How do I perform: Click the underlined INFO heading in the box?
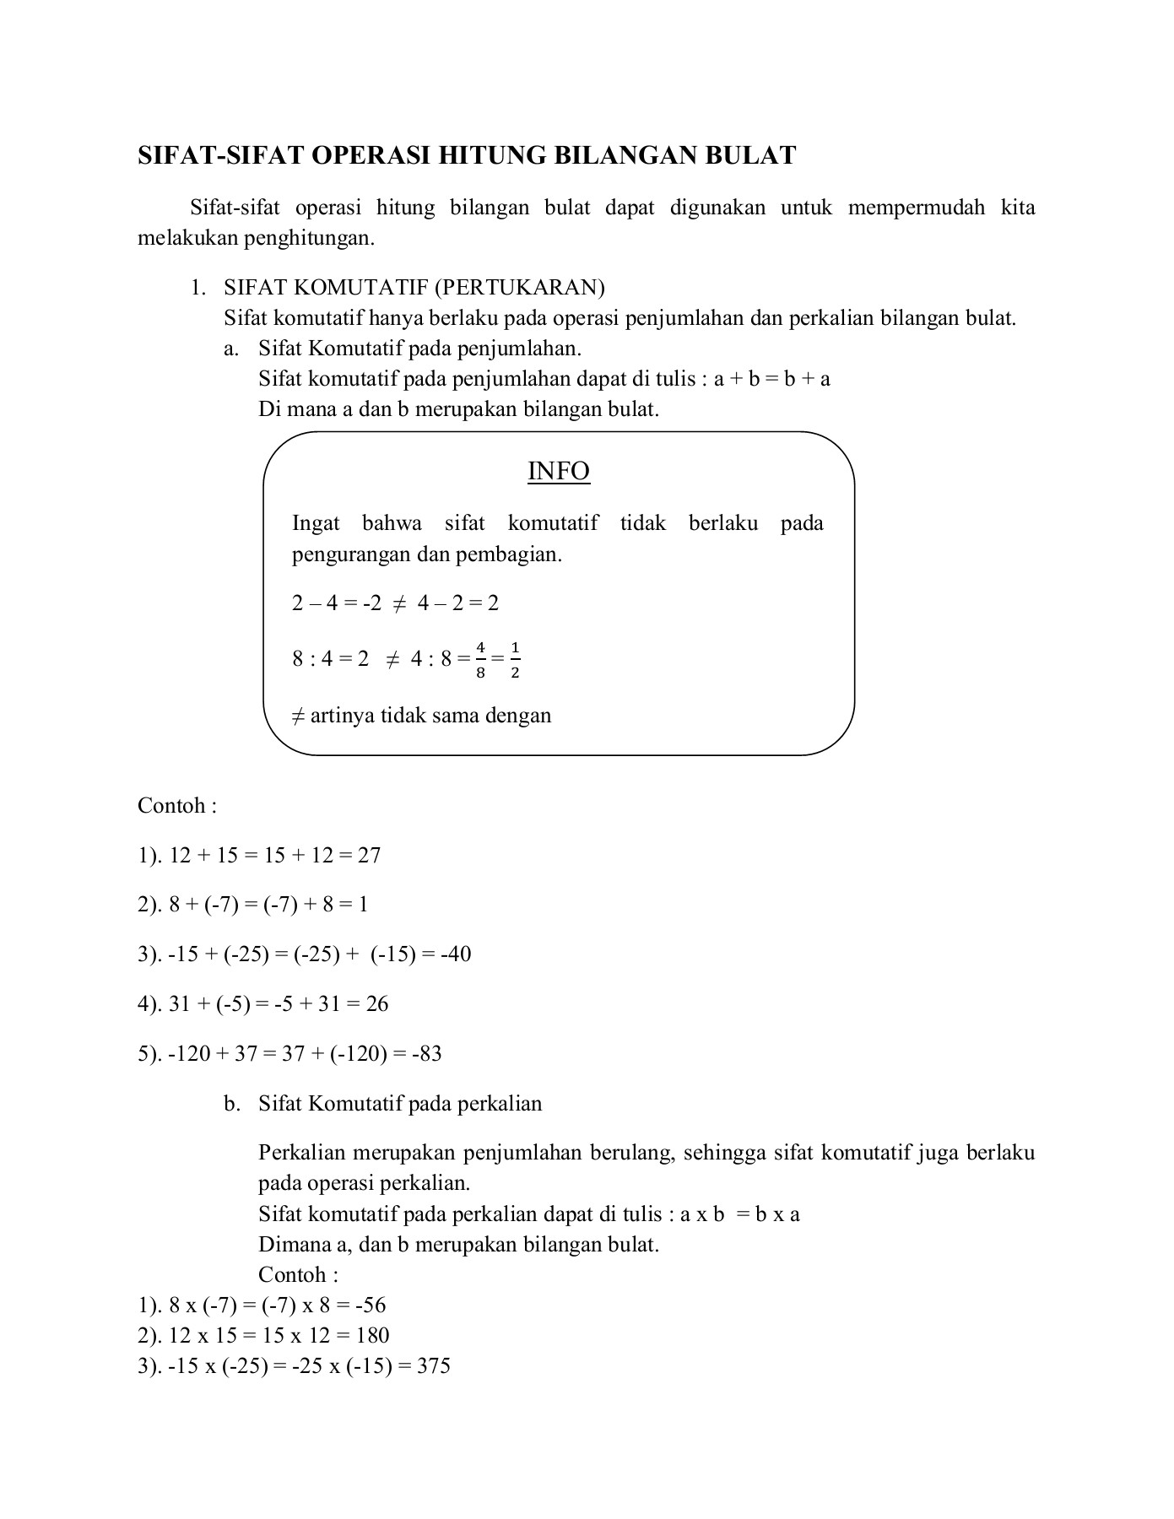tap(558, 471)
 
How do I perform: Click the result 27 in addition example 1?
tap(370, 856)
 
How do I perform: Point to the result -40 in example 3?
tap(456, 954)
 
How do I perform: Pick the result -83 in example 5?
tap(427, 1054)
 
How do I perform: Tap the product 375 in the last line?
tap(434, 1366)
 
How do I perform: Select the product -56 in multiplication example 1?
tap(370, 1305)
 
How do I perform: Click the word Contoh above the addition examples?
tap(171, 806)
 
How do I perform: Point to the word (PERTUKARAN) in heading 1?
tap(520, 288)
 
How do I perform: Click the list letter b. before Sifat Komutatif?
tap(232, 1104)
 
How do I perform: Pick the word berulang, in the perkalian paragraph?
tap(632, 1153)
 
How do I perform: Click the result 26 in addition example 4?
tap(377, 1004)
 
